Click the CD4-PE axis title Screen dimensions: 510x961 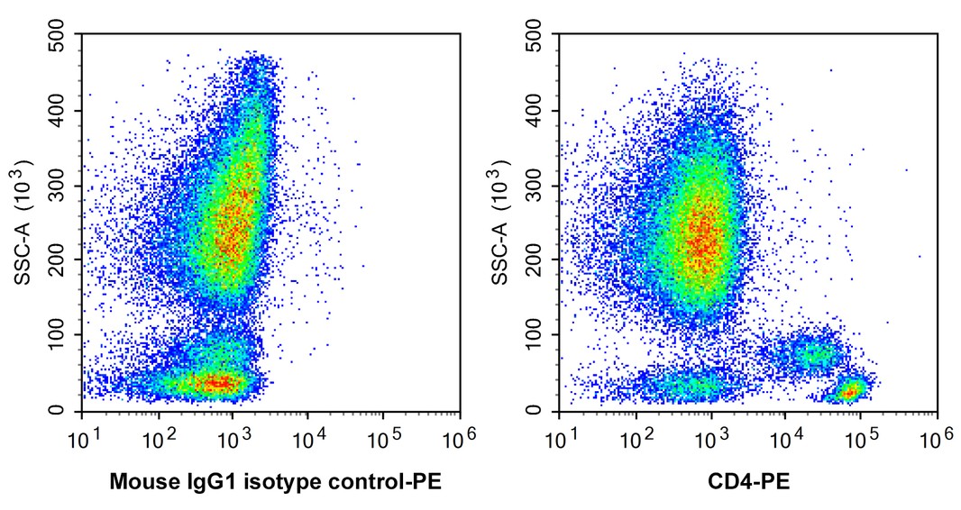pos(748,482)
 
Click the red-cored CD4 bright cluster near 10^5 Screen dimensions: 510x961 pos(848,390)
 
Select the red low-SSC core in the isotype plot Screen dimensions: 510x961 pos(216,383)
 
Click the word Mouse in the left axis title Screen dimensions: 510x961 pos(136,482)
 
